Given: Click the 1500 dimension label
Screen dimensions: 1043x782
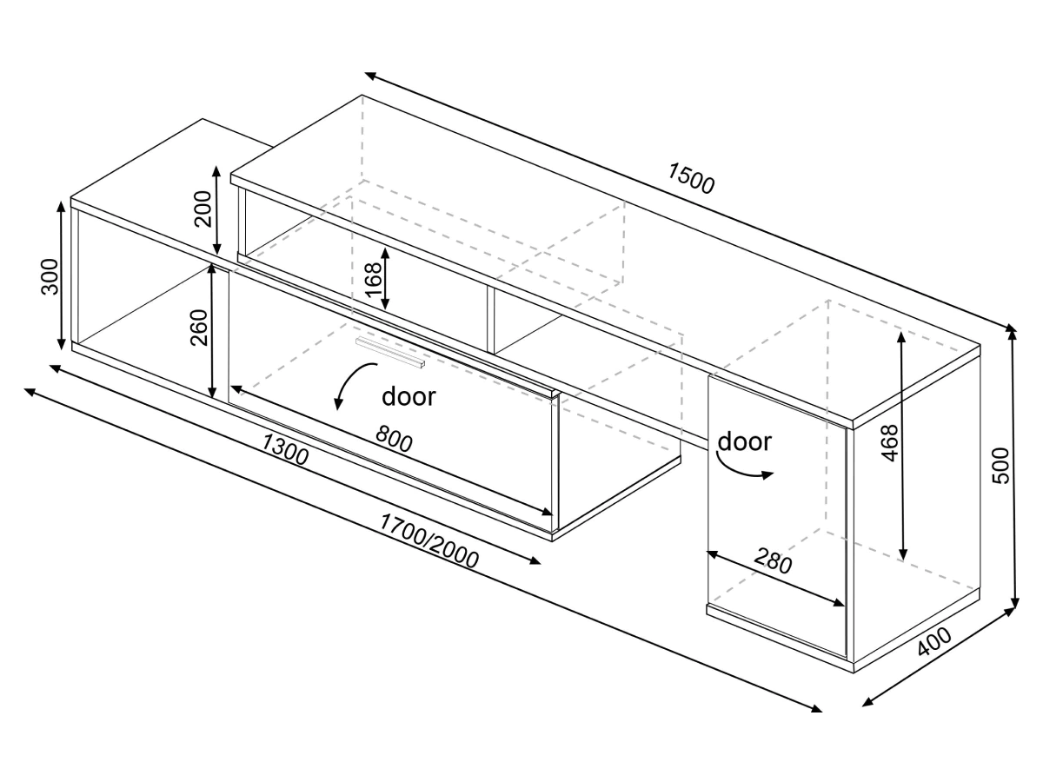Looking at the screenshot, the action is [690, 178].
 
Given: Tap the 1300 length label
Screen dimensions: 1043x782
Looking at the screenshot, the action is [285, 449].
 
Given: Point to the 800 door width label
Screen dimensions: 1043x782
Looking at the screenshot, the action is [394, 438].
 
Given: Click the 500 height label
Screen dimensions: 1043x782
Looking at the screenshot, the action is [1000, 466].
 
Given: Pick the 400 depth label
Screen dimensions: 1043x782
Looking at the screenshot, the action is [934, 642].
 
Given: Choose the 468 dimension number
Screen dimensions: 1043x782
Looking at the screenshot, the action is [889, 443].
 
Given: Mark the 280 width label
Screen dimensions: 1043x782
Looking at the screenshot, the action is [773, 560].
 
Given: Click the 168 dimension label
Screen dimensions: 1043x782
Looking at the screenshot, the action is [374, 280].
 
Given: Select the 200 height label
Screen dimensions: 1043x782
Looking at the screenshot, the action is [203, 209].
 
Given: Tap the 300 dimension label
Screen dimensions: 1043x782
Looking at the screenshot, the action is [50, 277].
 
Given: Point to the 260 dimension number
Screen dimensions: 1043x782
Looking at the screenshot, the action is [199, 328].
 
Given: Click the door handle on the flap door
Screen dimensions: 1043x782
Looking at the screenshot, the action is [390, 352].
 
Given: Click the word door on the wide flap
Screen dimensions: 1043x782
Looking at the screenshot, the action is [409, 396].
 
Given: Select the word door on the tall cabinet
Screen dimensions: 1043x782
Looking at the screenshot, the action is [745, 441].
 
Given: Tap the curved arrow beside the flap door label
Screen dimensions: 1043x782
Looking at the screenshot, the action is [354, 386].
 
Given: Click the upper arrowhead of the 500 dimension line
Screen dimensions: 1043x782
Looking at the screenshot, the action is [1013, 334].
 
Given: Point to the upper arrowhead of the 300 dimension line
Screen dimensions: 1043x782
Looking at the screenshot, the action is [60, 208].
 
